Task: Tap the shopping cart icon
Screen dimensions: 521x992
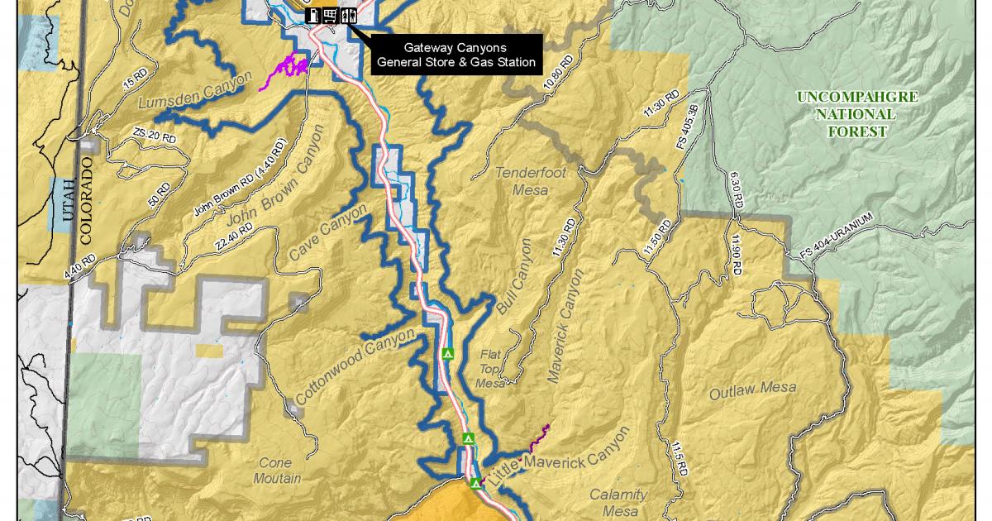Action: (x=331, y=14)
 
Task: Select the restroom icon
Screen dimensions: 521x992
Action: (x=349, y=14)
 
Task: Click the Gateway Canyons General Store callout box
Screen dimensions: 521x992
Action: (x=455, y=55)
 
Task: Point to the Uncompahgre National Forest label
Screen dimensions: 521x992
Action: (x=857, y=114)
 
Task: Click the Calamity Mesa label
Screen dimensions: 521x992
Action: (x=618, y=501)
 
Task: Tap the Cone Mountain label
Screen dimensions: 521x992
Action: (x=272, y=471)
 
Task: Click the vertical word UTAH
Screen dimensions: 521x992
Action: (x=66, y=203)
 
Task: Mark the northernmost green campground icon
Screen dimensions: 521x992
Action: (x=448, y=354)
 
